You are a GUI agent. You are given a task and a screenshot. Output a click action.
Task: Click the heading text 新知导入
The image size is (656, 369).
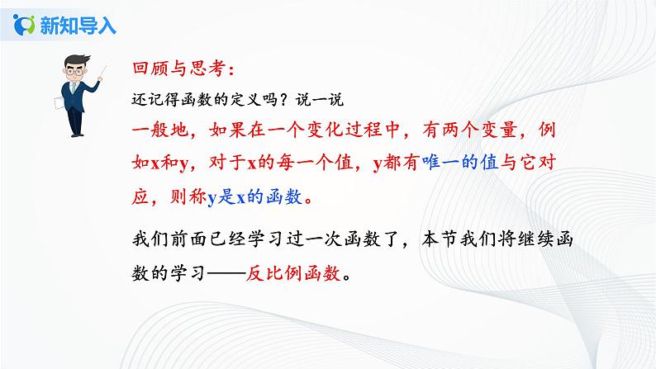click(x=77, y=25)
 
